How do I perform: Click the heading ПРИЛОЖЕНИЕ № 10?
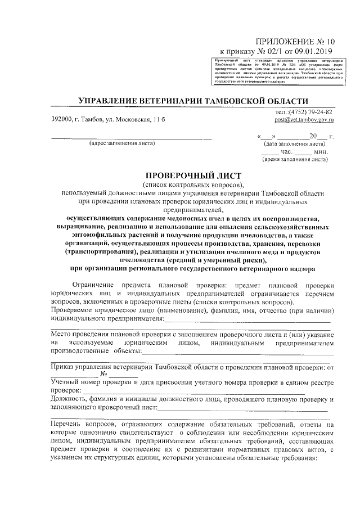pyautogui.click(x=295, y=41)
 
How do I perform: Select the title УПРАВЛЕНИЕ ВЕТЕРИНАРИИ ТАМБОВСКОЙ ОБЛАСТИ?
pyautogui.click(x=193, y=101)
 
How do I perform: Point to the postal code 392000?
pyautogui.click(x=61, y=120)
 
